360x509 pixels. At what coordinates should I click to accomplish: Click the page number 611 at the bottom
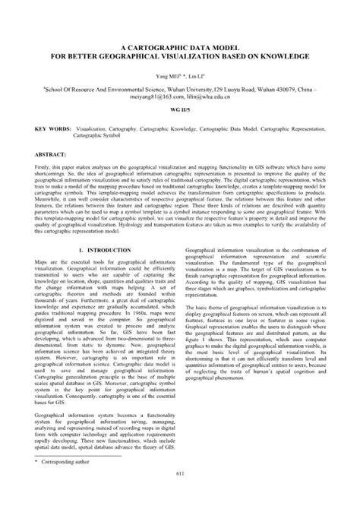click(x=180, y=496)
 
